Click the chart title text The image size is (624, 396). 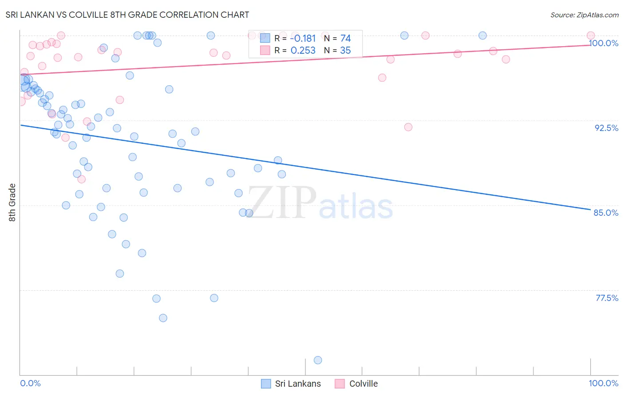click(x=127, y=15)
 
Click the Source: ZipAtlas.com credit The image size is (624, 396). click(x=584, y=15)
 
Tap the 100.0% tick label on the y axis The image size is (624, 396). click(x=604, y=43)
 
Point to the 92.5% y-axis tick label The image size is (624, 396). click(x=606, y=128)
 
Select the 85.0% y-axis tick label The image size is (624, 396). click(x=606, y=213)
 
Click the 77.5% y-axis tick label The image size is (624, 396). click(x=607, y=298)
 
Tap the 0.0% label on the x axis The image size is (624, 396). click(x=30, y=383)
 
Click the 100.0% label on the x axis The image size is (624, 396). click(x=604, y=383)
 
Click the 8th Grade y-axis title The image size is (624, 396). click(x=12, y=202)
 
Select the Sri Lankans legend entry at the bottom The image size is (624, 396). click(x=291, y=384)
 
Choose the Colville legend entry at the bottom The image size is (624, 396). click(x=356, y=384)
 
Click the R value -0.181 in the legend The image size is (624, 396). click(x=303, y=39)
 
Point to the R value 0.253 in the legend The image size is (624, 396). click(x=303, y=51)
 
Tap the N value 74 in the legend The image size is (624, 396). click(x=345, y=39)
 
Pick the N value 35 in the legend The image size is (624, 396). click(x=345, y=51)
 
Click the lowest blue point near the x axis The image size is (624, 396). click(x=318, y=360)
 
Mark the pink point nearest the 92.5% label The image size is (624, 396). click(x=408, y=127)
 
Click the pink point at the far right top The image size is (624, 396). click(x=591, y=36)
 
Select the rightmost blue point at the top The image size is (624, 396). click(x=482, y=36)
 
